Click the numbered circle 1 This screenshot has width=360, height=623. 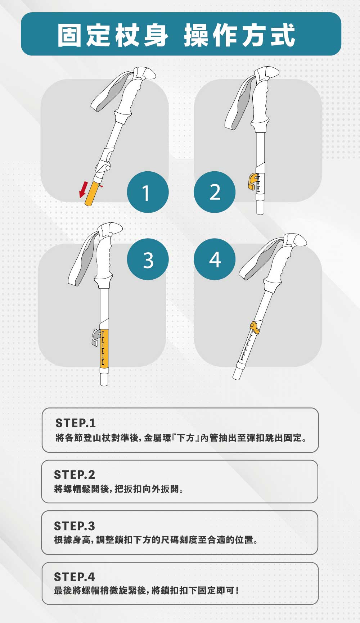148,192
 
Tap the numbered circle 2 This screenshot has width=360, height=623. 215,192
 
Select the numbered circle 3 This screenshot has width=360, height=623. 148,259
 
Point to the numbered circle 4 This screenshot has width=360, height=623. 215,259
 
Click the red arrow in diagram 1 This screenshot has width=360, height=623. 83,190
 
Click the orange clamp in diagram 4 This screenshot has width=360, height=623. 255,327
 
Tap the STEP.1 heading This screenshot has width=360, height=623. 75,423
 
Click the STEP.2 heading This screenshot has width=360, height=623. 75,475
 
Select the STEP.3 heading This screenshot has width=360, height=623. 75,526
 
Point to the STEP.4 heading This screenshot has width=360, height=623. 75,577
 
